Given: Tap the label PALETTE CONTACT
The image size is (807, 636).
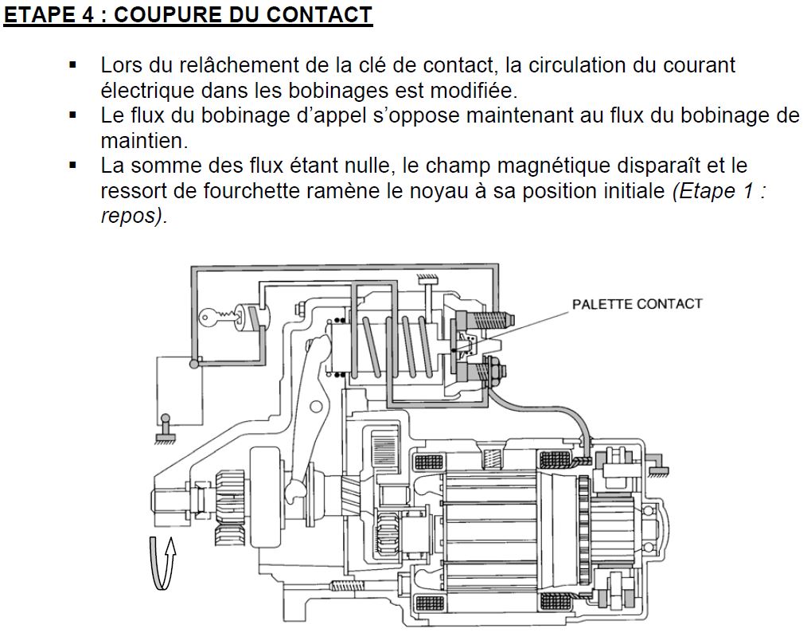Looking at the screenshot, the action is pyautogui.click(x=637, y=304).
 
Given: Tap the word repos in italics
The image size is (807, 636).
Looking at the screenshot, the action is pyautogui.click(x=130, y=217).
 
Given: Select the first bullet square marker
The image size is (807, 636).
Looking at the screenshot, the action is pyautogui.click(x=73, y=64).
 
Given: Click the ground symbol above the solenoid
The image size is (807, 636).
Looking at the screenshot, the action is pyautogui.click(x=428, y=279).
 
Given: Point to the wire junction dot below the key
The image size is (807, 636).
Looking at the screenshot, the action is pyautogui.click(x=193, y=365).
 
